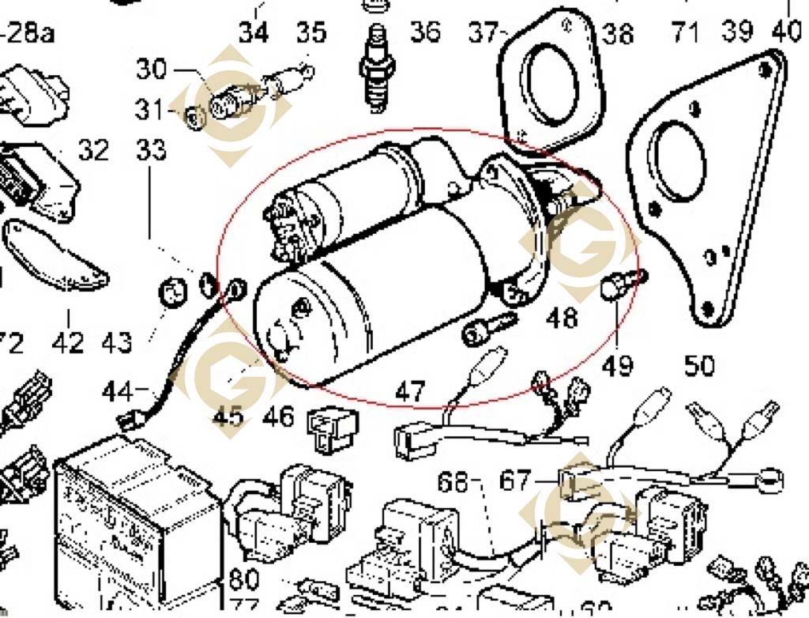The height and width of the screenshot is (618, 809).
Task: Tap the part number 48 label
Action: pos(562,318)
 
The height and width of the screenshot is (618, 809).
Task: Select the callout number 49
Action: pos(619,365)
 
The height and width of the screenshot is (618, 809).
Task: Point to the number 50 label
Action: pos(699,365)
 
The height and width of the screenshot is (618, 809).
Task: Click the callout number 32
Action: pos(93,149)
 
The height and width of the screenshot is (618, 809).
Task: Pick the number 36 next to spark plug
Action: pos(425,33)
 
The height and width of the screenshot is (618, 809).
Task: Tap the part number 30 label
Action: pos(152,70)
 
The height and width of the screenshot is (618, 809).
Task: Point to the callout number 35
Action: pos(310,33)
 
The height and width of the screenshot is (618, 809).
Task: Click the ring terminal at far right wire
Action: pos(770,479)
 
